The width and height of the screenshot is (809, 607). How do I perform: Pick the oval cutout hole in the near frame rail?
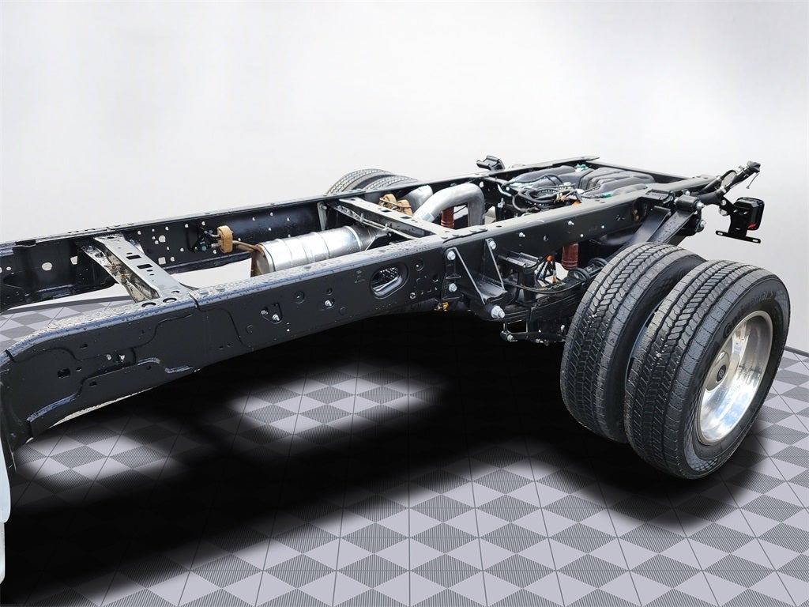tap(388, 280)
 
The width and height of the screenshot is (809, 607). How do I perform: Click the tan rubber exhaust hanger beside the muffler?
tap(226, 239)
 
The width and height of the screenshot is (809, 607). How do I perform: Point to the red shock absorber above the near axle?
tap(570, 255)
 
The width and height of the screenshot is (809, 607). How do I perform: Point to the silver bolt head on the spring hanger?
tap(498, 311)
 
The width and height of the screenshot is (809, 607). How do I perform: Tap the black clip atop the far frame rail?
tap(490, 164)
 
